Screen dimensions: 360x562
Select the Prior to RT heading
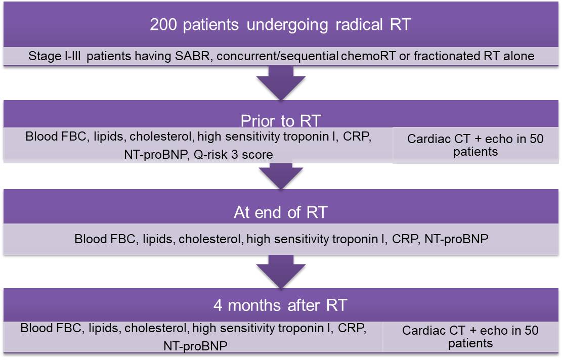point(281,122)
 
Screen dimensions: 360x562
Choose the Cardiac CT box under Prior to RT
point(475,145)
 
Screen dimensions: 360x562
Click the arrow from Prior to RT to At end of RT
point(281,177)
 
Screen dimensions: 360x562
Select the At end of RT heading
point(281,212)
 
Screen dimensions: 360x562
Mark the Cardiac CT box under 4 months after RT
point(470,337)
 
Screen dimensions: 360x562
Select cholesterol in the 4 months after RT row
point(155,328)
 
